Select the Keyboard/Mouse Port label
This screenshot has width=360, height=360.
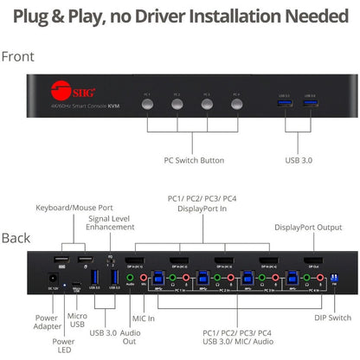tap(74, 209)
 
